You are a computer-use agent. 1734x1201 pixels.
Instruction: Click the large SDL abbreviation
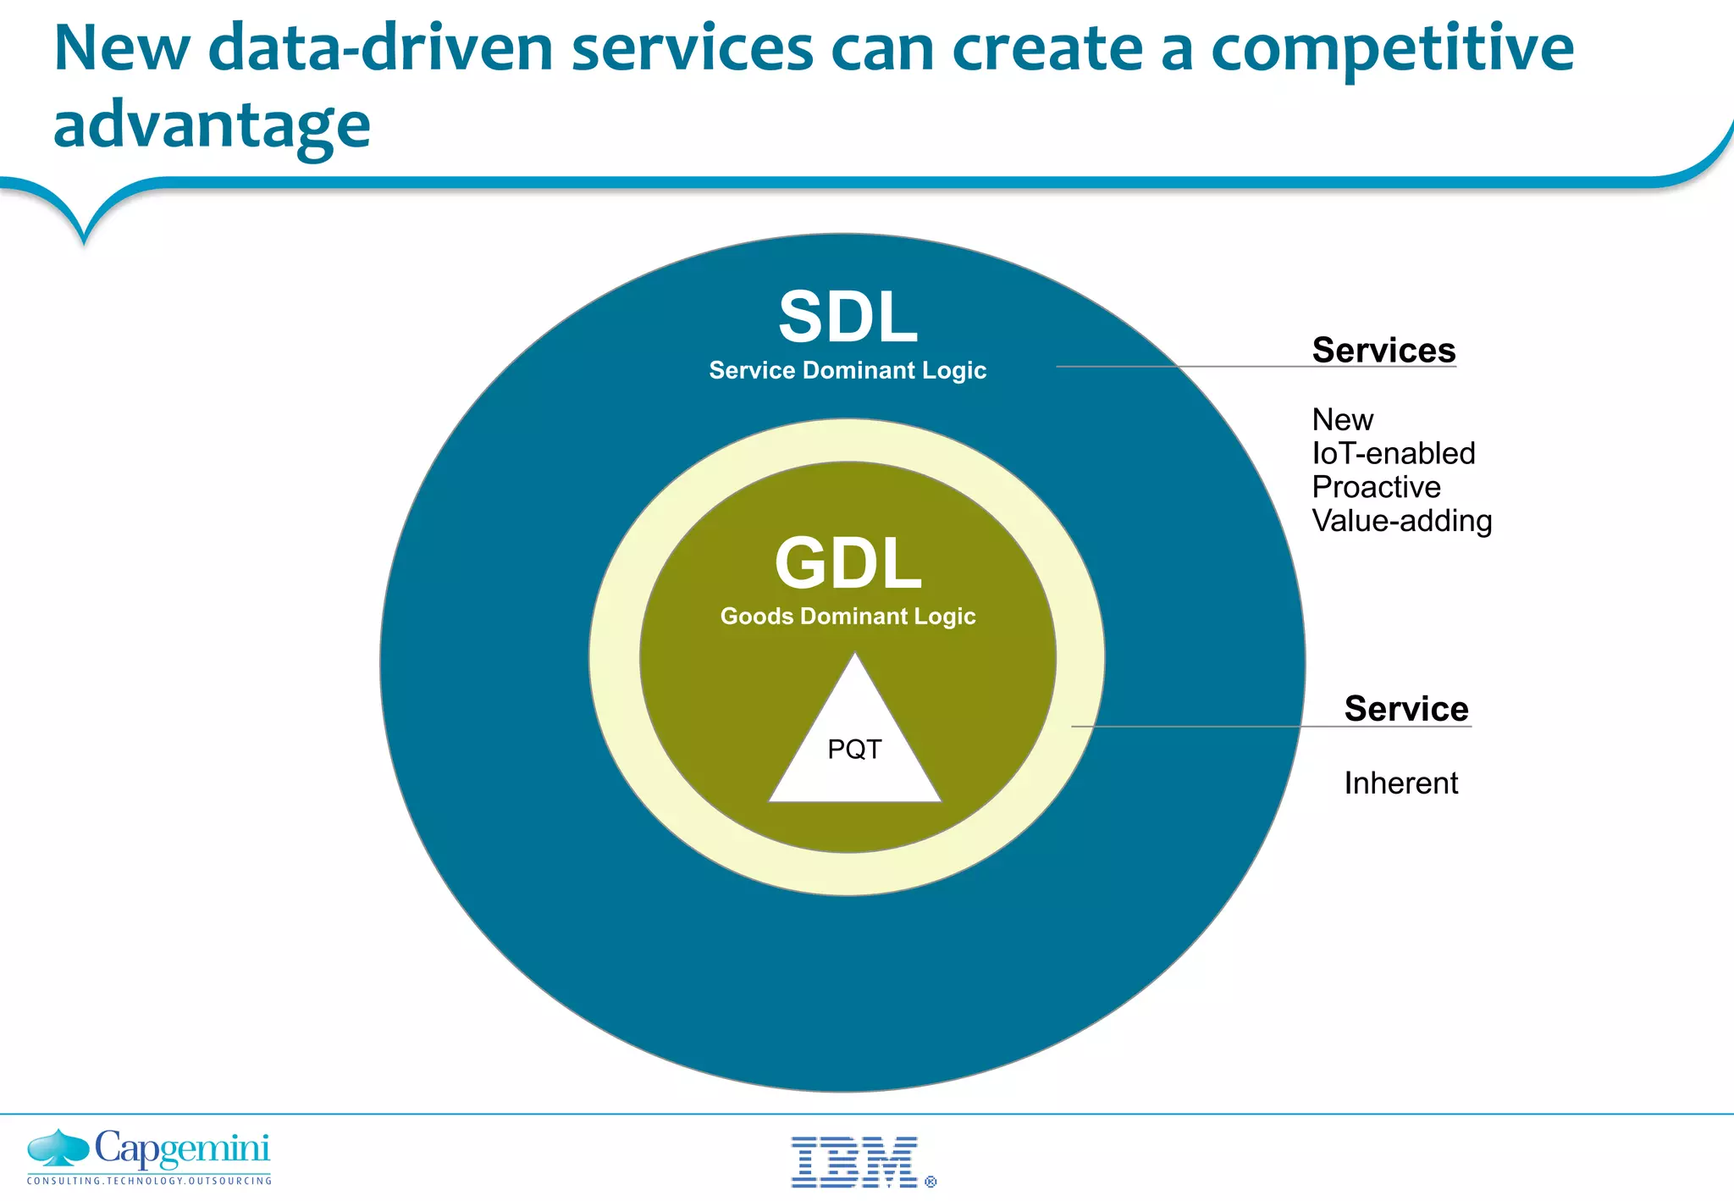[x=848, y=318]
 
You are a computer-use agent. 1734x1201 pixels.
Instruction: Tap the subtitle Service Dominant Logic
[x=848, y=371]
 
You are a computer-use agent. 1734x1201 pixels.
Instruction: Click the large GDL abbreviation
[x=848, y=564]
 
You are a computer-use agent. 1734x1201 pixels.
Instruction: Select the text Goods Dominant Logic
[x=848, y=617]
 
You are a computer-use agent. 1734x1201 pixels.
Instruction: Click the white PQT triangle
[x=854, y=750]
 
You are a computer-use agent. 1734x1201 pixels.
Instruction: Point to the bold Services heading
[x=1383, y=351]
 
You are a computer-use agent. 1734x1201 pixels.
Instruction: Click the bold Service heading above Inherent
[x=1406, y=709]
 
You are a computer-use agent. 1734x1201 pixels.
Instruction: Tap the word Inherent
[x=1400, y=783]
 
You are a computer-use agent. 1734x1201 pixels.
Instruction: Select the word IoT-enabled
[x=1393, y=454]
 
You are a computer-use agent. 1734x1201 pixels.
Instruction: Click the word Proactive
[x=1376, y=488]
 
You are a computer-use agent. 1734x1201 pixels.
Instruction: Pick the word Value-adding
[x=1401, y=522]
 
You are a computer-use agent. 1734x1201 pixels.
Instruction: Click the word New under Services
[x=1342, y=420]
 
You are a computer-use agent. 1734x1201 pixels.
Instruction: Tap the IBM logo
[x=854, y=1162]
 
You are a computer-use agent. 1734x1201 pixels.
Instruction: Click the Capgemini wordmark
[x=182, y=1149]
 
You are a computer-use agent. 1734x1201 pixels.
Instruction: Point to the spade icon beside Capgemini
[x=58, y=1148]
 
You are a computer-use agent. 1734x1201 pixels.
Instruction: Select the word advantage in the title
[x=212, y=125]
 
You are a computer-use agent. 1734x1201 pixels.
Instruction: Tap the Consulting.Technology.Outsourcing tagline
[x=149, y=1181]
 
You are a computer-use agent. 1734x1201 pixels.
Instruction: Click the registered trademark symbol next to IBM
[x=931, y=1182]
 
